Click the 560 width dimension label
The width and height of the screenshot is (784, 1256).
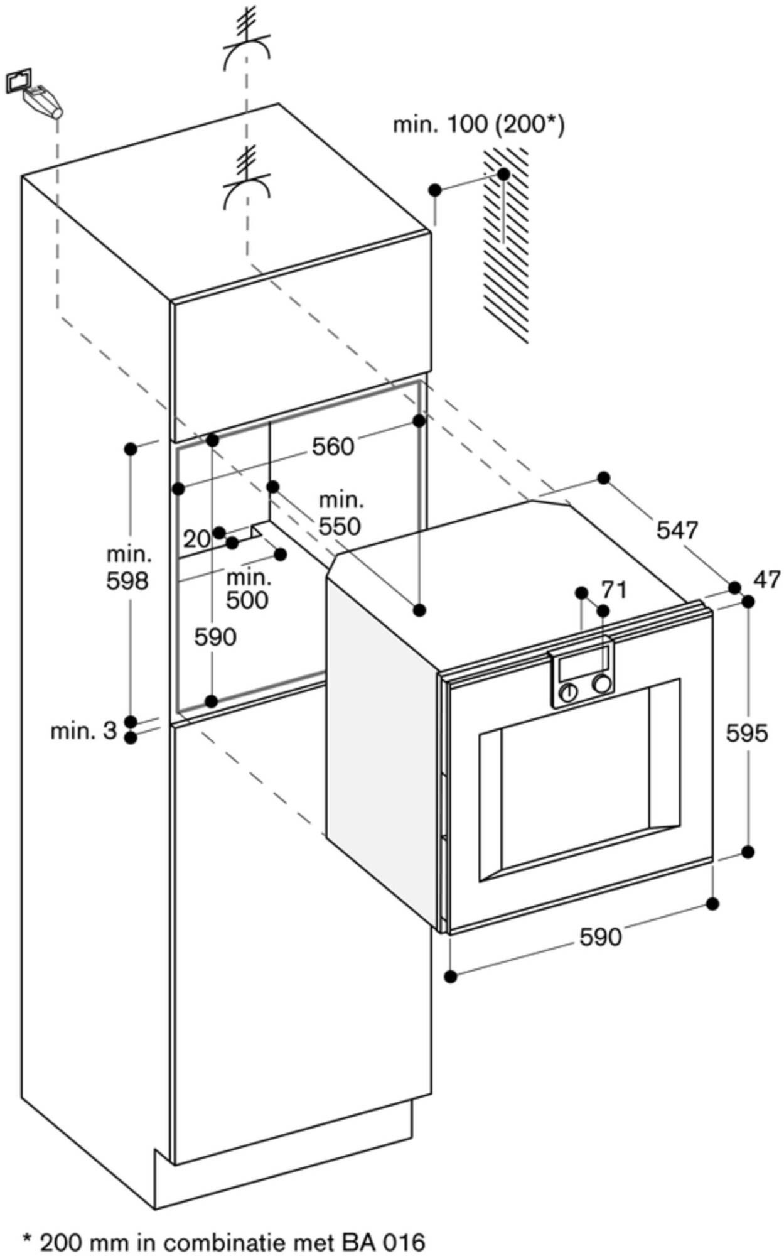[333, 447]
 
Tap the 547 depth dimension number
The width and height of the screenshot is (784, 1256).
[677, 531]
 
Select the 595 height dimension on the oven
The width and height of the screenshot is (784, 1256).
[747, 732]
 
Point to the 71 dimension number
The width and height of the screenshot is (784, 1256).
[615, 590]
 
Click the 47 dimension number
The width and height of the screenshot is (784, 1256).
[766, 578]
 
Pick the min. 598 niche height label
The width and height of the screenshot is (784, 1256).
[127, 568]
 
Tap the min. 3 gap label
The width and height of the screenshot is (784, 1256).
[83, 730]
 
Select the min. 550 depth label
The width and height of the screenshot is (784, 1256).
[340, 514]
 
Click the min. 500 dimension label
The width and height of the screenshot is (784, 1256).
[247, 588]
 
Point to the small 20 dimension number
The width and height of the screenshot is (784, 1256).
[196, 538]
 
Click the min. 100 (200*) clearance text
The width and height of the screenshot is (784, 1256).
[478, 124]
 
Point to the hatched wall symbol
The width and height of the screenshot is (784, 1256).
[506, 245]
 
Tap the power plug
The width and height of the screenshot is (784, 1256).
[43, 101]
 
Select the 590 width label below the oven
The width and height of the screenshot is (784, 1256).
[600, 937]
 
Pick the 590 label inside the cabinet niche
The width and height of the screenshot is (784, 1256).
[215, 637]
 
